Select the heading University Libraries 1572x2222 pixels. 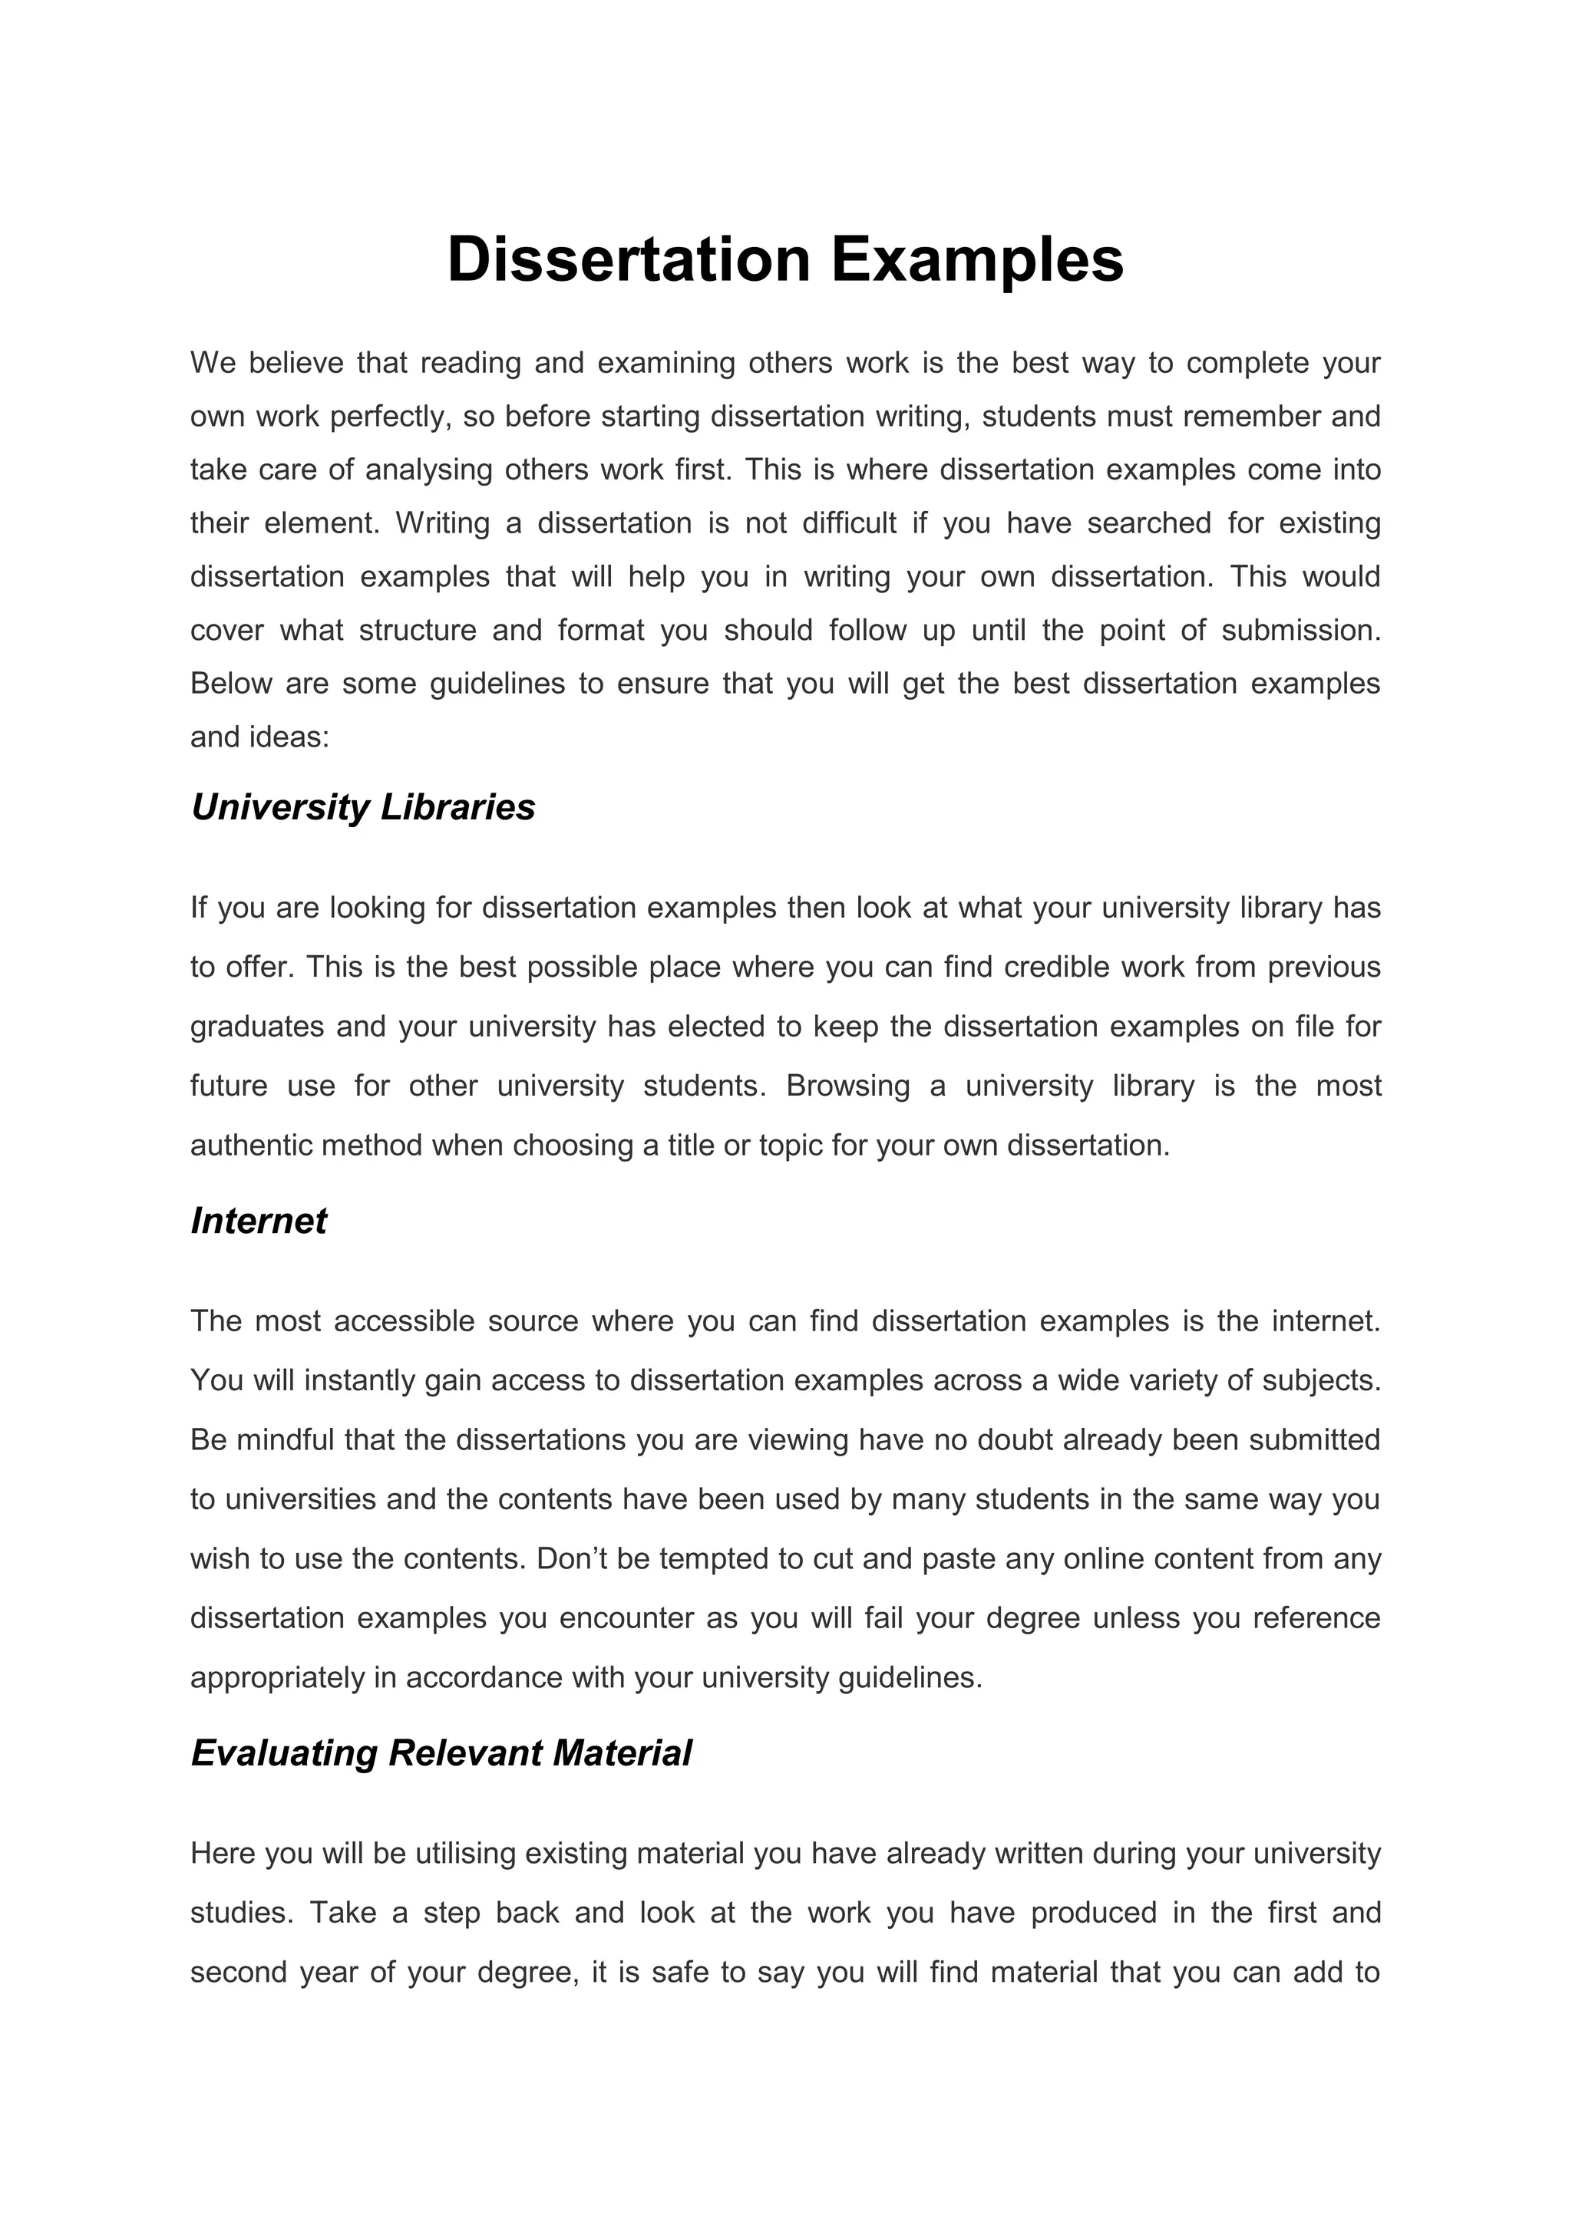point(363,807)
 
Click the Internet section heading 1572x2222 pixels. point(259,1221)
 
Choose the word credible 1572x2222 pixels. point(1057,967)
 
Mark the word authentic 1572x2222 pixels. point(249,1145)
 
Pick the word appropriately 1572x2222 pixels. point(277,1677)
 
